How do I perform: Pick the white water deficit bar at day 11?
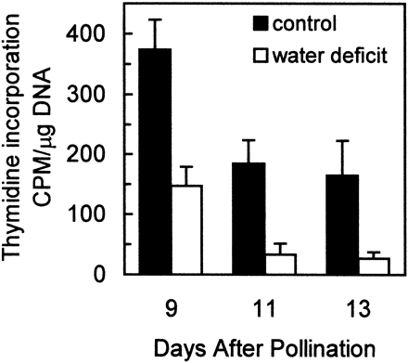[279, 264]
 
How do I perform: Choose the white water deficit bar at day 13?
[373, 266]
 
